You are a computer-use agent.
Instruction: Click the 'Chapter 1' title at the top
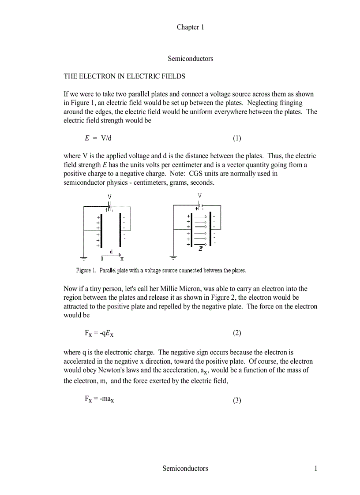click(190, 27)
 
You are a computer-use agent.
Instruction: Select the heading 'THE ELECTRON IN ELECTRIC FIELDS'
click(124, 76)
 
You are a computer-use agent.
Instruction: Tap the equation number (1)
click(237, 138)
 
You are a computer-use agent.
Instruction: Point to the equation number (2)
click(237, 333)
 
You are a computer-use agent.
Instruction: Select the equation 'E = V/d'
click(98, 138)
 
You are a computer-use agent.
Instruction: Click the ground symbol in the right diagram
click(173, 257)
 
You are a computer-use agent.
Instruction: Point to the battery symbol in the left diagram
click(110, 206)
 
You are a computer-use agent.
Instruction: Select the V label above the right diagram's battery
click(200, 195)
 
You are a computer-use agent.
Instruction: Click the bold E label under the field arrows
click(201, 249)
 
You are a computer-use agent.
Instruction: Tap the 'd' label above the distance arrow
click(111, 251)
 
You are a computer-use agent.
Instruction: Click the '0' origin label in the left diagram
click(102, 259)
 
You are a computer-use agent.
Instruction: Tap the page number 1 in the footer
click(315, 469)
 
